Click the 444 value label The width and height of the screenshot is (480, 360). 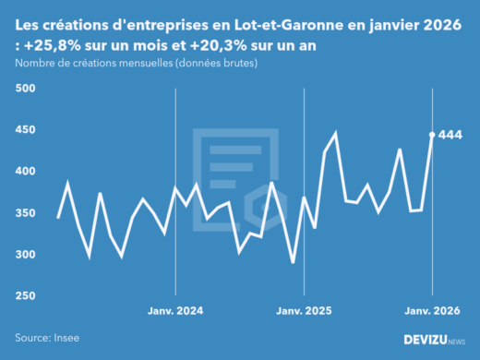(x=450, y=135)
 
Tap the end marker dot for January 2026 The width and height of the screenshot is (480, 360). (x=432, y=134)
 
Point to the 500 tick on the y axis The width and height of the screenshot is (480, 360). (x=25, y=89)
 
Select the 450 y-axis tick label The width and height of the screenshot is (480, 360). (x=25, y=130)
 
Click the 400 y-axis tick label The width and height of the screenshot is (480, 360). (x=25, y=172)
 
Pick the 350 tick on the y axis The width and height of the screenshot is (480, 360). (x=25, y=213)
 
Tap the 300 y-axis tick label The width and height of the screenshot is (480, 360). (x=25, y=255)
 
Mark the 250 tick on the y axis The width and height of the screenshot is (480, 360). (x=25, y=296)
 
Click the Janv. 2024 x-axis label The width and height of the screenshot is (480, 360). (x=175, y=310)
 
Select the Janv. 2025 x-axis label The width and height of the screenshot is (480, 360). (x=304, y=310)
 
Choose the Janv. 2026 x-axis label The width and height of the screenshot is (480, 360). (x=432, y=310)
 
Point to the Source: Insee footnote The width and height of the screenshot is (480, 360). (x=46, y=339)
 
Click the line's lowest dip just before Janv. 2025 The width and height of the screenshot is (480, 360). (x=293, y=263)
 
